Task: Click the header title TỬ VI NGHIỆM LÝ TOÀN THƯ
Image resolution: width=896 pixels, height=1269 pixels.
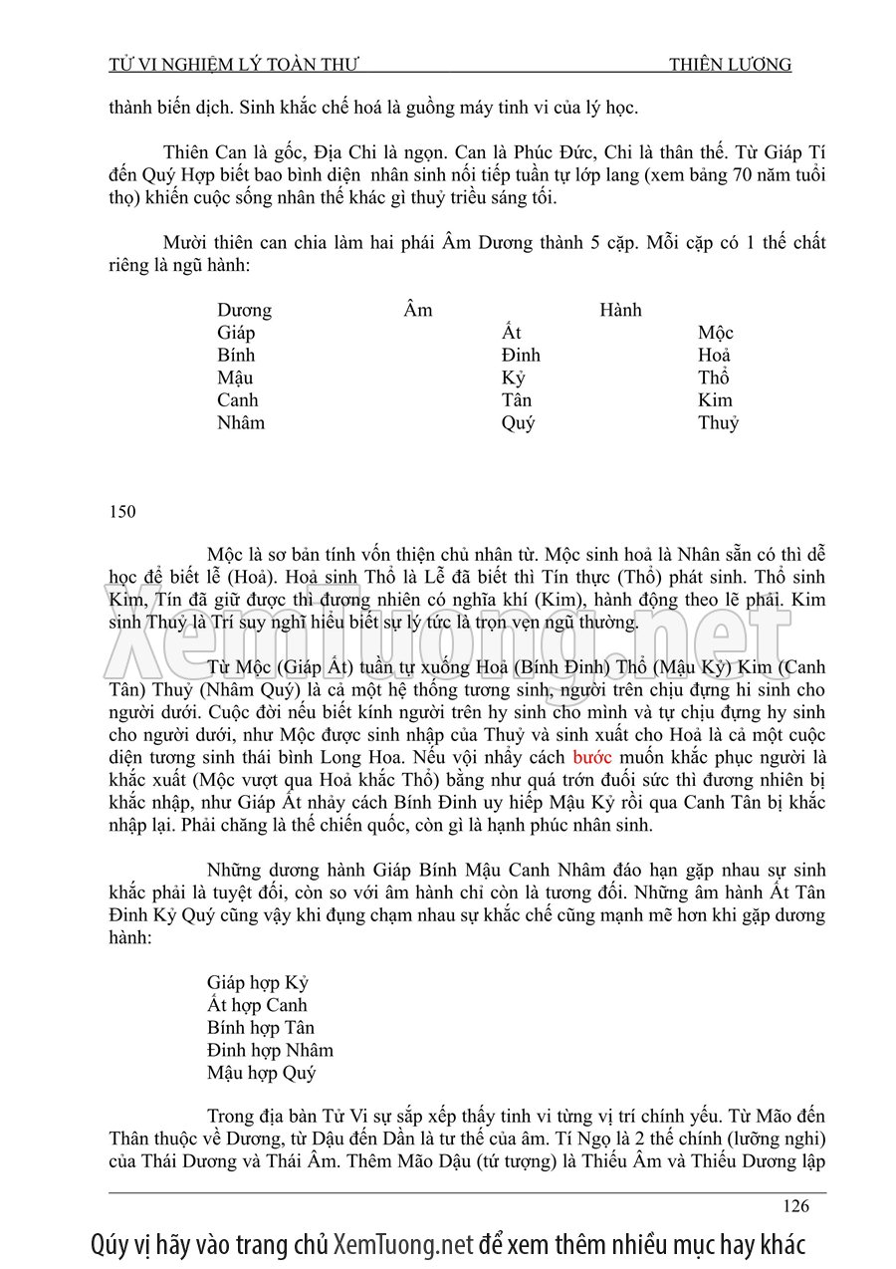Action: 234,65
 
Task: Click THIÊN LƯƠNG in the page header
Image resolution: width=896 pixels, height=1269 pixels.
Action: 730,65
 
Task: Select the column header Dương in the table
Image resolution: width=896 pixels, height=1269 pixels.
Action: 244,310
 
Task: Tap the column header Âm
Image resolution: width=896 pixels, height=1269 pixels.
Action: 418,310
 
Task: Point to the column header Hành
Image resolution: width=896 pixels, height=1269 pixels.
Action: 620,310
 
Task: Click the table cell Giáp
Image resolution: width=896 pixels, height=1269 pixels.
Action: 236,333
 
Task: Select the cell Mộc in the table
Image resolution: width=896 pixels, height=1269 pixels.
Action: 716,333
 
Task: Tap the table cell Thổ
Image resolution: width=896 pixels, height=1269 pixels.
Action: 714,378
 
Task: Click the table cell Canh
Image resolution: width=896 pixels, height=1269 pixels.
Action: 237,400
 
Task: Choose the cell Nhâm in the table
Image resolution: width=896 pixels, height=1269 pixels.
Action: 241,422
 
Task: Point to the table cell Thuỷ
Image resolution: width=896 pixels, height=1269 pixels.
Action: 719,422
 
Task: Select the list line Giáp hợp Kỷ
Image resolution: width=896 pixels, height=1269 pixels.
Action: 258,983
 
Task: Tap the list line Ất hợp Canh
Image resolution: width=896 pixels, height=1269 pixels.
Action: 257,1005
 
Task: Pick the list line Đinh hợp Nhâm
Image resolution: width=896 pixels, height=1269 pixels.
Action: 270,1050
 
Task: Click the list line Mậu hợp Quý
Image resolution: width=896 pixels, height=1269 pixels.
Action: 261,1073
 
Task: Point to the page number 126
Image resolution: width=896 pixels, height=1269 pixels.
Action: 795,1206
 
